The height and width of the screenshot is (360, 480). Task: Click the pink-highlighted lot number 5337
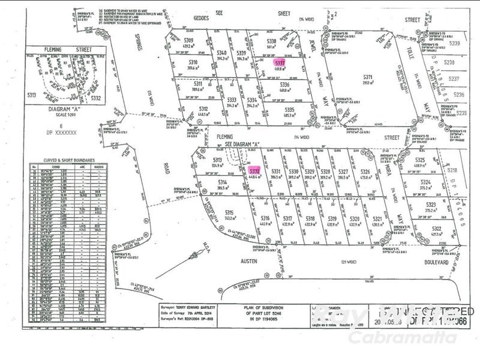pos(279,62)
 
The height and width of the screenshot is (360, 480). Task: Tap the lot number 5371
pos(368,77)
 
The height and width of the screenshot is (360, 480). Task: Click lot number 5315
pos(229,213)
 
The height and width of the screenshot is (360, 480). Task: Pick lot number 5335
pos(290,110)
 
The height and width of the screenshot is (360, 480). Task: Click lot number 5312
pos(202,108)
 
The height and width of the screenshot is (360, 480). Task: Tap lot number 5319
pos(332,218)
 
